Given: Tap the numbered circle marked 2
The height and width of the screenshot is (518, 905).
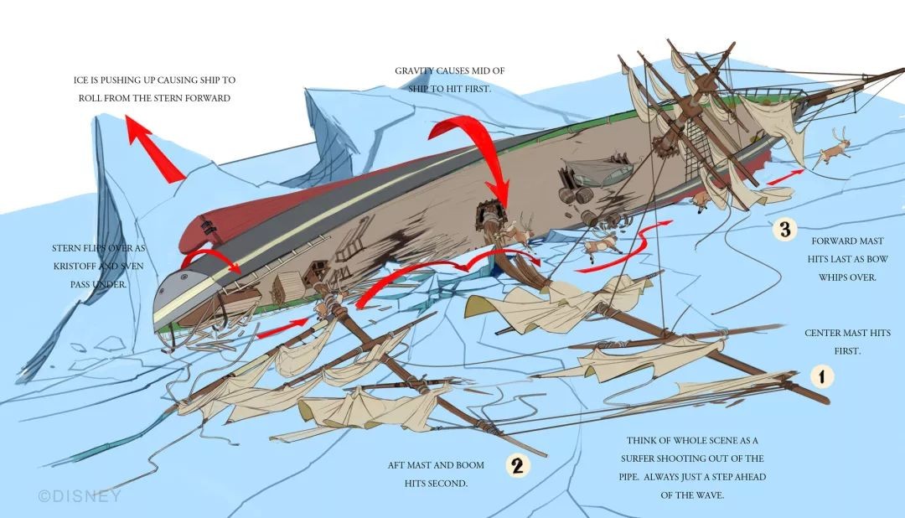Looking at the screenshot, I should click(517, 466).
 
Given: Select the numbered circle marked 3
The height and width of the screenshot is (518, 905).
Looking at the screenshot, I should click(784, 229).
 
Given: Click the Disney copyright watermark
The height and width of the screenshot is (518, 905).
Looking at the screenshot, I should click(80, 495).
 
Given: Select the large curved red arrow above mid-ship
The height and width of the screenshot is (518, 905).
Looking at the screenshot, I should click(481, 155).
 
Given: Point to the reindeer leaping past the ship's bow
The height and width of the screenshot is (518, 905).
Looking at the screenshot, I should click(835, 150).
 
